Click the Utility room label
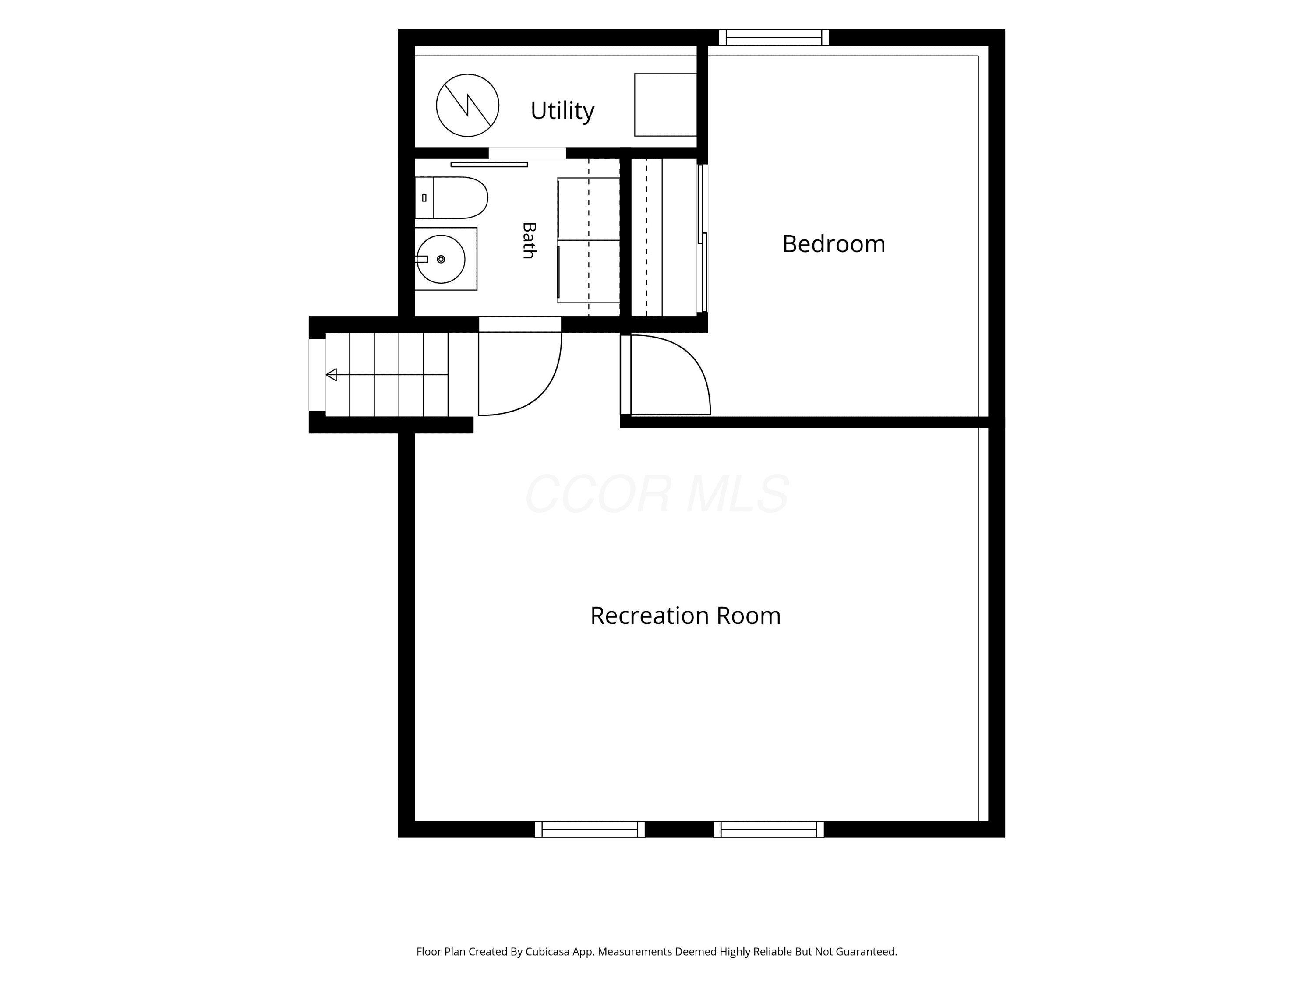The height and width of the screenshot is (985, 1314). click(x=562, y=111)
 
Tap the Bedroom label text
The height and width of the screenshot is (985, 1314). click(x=834, y=244)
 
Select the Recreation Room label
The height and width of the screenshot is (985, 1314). click(x=685, y=616)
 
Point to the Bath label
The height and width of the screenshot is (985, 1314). click(x=529, y=240)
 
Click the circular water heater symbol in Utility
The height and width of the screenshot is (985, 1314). click(x=467, y=106)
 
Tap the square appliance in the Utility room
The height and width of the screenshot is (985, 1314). click(x=665, y=105)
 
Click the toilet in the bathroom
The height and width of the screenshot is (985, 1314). click(x=452, y=198)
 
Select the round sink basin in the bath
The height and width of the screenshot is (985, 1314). click(x=441, y=259)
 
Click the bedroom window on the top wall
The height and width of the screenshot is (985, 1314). click(x=774, y=37)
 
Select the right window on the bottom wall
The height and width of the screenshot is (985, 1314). click(x=769, y=830)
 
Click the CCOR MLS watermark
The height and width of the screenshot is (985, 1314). click(x=657, y=493)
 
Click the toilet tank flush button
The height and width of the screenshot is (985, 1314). click(x=424, y=198)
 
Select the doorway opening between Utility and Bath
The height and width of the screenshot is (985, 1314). click(x=527, y=153)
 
